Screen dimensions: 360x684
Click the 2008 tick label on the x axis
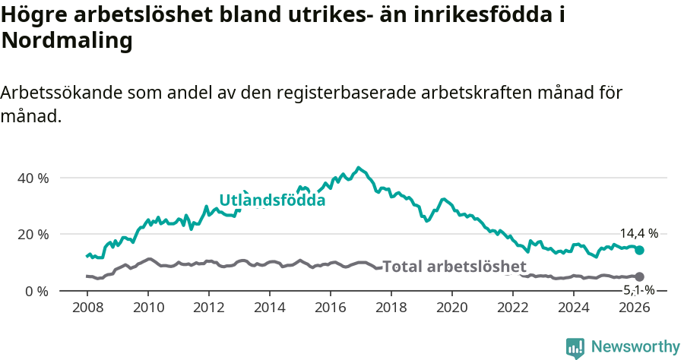[x=87, y=308]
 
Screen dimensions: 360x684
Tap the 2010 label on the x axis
[x=147, y=308]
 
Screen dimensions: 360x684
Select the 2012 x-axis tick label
[x=208, y=308]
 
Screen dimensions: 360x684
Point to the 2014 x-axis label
[x=269, y=308]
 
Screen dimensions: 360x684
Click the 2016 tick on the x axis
[x=330, y=308]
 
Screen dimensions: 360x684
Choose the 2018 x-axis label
[x=391, y=308]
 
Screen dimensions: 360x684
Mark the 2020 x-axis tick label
[x=451, y=308]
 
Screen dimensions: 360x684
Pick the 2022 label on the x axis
[x=512, y=308]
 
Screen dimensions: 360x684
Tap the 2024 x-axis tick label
[x=573, y=308]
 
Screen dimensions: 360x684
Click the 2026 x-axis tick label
[x=634, y=308]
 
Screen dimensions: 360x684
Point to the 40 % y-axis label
[x=33, y=178]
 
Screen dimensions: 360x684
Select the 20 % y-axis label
[x=33, y=234]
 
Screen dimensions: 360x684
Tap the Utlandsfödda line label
[x=272, y=201]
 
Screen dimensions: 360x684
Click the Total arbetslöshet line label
[x=454, y=267]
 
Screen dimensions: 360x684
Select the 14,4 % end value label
[x=638, y=234]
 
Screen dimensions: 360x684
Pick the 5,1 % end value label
[x=638, y=289]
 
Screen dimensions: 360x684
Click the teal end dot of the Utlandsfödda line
[x=639, y=250]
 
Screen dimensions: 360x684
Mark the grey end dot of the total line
[x=639, y=276]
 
